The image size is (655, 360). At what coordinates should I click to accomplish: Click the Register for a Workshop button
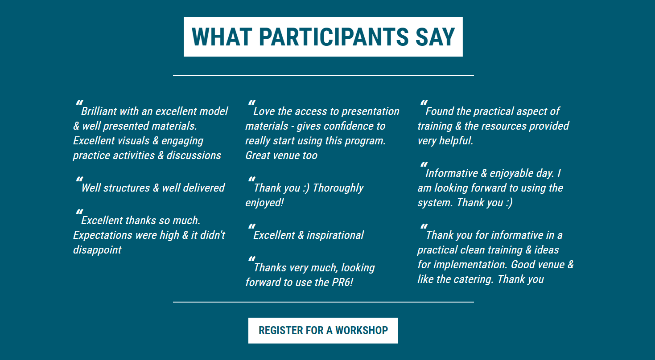323,331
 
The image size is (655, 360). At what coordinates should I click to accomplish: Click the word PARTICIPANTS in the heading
334,37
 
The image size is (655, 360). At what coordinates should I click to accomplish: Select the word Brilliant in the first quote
99,111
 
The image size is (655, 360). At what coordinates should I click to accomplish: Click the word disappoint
97,250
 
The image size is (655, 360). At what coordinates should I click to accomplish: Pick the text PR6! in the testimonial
342,282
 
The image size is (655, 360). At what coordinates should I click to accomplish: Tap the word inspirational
335,235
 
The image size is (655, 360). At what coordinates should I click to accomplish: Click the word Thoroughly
338,188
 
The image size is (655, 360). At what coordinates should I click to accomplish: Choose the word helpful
456,141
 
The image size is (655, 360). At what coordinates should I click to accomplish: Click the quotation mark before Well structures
79,179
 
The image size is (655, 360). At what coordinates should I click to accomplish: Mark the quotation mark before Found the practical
424,102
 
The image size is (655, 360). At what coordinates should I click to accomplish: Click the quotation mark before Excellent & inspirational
252,226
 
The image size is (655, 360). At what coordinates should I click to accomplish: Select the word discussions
194,156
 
